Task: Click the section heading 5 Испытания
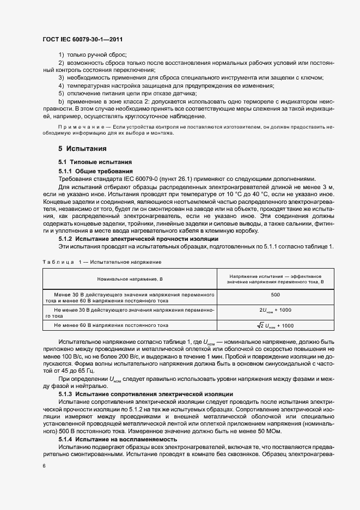pyautogui.click(x=82, y=148)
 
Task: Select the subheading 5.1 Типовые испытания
pyautogui.click(x=92, y=162)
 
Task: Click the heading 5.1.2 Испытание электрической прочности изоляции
pyautogui.click(x=138, y=239)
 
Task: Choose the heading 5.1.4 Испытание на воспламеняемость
pyautogui.click(x=117, y=439)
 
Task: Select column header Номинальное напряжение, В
pyautogui.click(x=130, y=279)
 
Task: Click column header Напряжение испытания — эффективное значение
pyautogui.click(x=275, y=279)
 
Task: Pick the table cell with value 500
pyautogui.click(x=275, y=294)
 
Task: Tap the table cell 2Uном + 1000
pyautogui.click(x=275, y=309)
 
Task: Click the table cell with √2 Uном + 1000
pyautogui.click(x=275, y=325)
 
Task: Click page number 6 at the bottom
pyautogui.click(x=45, y=466)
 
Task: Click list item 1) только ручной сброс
pyautogui.click(x=93, y=54)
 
